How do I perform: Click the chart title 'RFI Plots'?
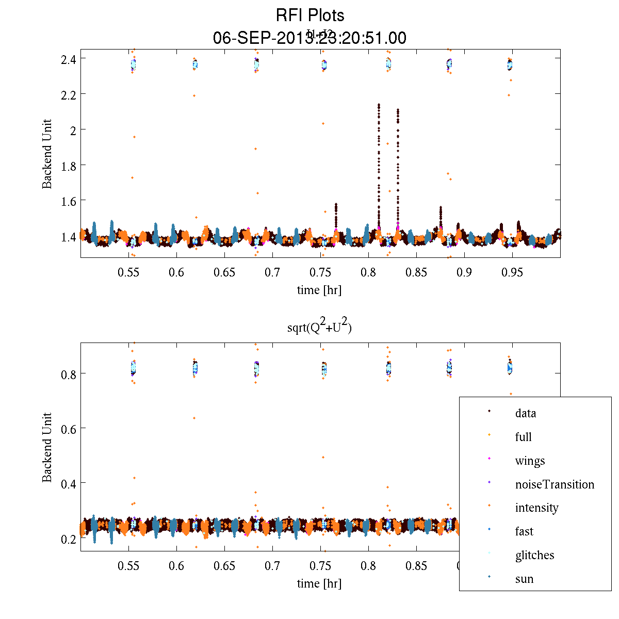click(x=309, y=15)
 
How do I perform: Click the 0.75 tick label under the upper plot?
click(x=320, y=272)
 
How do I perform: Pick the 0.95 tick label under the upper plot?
click(x=512, y=272)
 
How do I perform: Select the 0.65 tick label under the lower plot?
click(x=224, y=566)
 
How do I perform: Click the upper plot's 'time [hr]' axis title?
click(x=319, y=290)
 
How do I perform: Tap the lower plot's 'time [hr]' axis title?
click(x=319, y=583)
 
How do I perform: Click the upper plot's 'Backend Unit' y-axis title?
click(x=47, y=154)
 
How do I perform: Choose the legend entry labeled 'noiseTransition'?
click(x=555, y=484)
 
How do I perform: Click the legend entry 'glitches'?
click(x=534, y=555)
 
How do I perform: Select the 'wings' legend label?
click(x=530, y=461)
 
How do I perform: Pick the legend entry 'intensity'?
click(x=536, y=508)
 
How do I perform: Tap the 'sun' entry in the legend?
click(x=524, y=579)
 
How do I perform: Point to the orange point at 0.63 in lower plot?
click(x=194, y=418)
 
